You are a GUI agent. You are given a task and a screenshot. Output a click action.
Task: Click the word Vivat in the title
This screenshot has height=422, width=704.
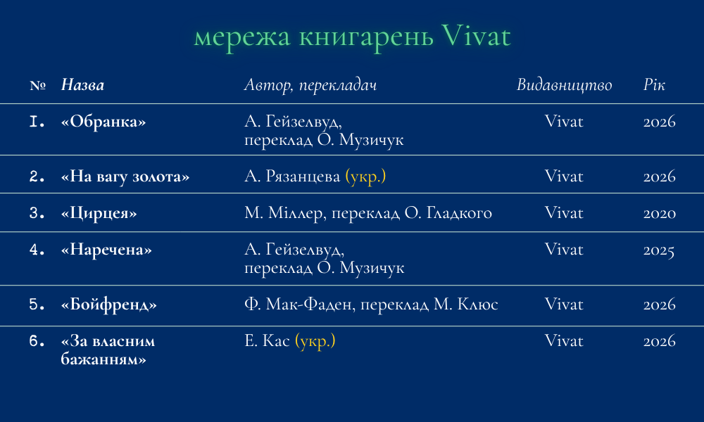tap(476, 36)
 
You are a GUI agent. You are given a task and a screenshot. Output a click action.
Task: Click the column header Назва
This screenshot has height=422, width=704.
tap(82, 85)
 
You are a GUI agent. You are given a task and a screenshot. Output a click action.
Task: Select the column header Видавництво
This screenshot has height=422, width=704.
tap(564, 85)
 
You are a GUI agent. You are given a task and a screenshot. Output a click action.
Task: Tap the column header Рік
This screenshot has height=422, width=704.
tap(654, 85)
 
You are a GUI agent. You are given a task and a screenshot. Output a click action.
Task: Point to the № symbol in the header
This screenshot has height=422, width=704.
tap(38, 85)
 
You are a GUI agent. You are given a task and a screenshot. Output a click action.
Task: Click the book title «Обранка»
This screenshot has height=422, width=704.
tap(103, 122)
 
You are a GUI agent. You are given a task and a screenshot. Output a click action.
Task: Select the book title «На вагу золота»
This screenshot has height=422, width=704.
tap(125, 177)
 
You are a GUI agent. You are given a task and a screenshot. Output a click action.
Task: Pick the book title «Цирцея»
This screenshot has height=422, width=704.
tap(99, 214)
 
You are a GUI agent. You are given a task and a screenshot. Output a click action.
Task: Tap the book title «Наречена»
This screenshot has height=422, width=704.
tap(106, 250)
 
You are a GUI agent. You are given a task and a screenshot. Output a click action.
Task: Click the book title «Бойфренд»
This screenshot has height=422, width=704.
tap(108, 305)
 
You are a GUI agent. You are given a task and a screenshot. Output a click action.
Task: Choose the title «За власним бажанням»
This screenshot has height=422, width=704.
tap(108, 350)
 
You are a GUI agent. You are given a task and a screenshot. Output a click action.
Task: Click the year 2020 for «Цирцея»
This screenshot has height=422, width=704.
tap(659, 214)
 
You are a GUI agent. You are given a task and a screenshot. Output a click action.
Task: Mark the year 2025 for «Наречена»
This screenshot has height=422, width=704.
tap(659, 250)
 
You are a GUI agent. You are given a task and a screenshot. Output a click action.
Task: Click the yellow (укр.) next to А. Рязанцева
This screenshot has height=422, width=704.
tap(365, 177)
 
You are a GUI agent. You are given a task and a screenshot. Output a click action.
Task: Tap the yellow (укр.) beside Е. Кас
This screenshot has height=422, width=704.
tap(315, 341)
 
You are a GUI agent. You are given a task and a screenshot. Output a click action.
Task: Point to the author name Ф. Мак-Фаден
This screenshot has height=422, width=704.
tap(298, 305)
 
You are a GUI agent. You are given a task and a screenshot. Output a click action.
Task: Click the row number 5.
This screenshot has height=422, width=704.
tap(37, 305)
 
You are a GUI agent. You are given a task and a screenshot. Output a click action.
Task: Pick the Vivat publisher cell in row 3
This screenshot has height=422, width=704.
tap(564, 213)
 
